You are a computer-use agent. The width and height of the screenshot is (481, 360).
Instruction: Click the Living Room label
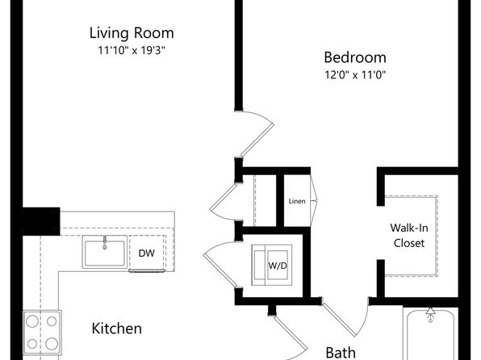tap(132, 33)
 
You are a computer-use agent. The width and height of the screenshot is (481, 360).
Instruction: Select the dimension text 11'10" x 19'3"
tap(132, 50)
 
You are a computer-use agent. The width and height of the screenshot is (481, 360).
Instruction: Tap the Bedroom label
tap(355, 57)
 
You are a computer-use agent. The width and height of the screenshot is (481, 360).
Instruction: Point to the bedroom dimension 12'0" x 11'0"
tap(355, 74)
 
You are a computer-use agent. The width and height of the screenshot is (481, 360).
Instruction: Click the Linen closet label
tap(297, 201)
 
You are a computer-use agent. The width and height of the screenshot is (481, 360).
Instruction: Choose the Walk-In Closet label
tap(409, 236)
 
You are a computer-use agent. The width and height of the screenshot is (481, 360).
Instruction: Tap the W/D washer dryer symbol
tap(272, 266)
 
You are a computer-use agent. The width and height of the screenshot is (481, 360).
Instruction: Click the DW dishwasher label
tap(147, 253)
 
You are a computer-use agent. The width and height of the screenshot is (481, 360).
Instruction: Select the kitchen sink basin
tap(105, 252)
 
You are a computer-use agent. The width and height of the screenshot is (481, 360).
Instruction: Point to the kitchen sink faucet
tap(105, 242)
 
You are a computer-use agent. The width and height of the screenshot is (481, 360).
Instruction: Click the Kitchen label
tap(116, 329)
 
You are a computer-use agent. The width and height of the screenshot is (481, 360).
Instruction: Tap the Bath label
tap(341, 353)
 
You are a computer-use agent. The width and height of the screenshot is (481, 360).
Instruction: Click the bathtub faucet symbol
tap(430, 315)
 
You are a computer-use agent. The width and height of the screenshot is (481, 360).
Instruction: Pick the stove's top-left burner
tap(32, 321)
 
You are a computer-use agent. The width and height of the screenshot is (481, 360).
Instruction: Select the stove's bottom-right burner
tap(52, 344)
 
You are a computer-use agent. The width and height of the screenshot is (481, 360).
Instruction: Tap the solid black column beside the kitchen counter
tap(41, 221)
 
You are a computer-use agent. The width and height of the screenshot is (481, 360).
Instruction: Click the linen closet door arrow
tap(314, 201)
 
